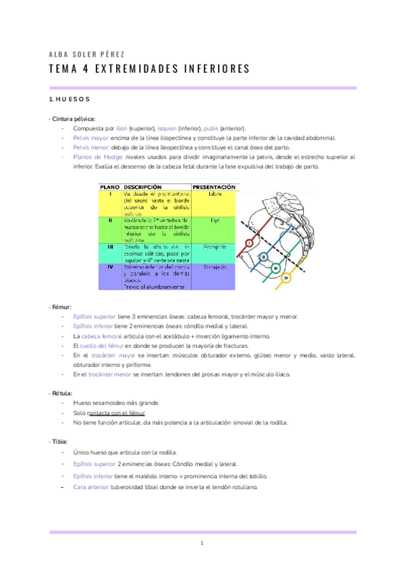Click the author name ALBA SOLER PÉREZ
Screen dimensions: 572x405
[86, 54]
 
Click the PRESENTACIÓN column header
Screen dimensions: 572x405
[214, 186]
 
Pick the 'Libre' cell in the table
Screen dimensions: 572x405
[215, 195]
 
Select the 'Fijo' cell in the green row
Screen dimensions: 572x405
[215, 220]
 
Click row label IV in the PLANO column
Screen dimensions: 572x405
[109, 266]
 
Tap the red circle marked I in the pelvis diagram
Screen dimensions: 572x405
[250, 242]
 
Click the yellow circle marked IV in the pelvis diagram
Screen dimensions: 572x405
[286, 277]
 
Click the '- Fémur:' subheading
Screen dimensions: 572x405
[60, 307]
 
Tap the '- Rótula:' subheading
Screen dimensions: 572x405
[61, 393]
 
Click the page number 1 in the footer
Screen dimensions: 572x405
[202, 544]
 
